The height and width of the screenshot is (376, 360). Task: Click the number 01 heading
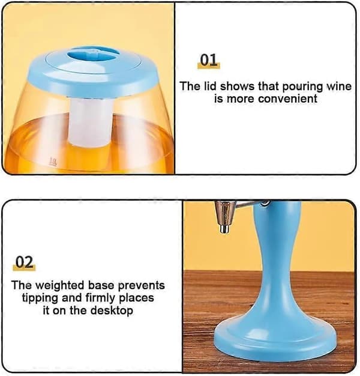click(208, 60)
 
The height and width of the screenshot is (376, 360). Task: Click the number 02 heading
click(24, 262)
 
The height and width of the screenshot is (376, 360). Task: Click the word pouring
click(302, 87)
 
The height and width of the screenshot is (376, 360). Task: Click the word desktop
click(112, 311)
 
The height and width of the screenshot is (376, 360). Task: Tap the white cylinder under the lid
click(91, 122)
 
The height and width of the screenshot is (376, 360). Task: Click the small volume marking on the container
click(53, 162)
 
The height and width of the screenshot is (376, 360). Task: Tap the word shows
click(238, 86)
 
